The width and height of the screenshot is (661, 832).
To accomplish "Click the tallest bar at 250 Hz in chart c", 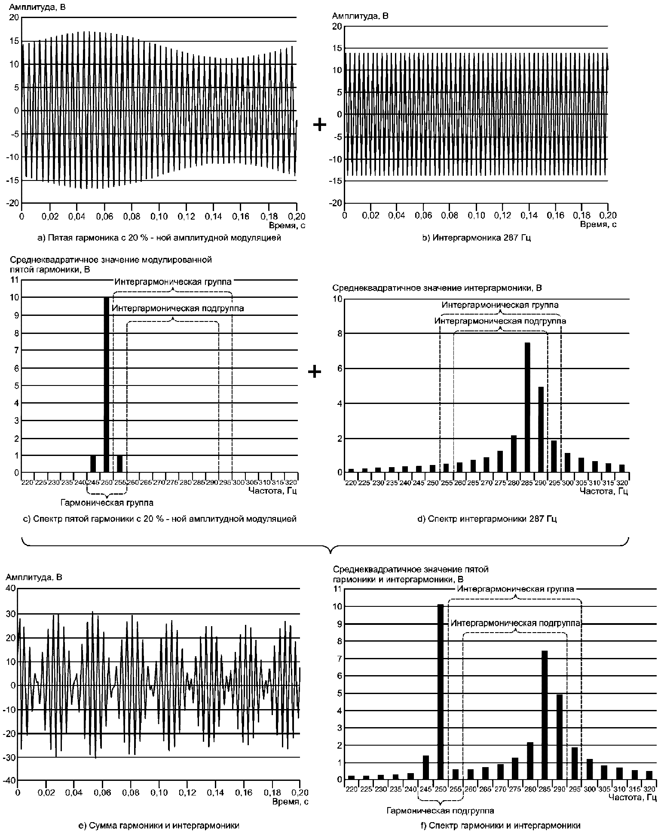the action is pyautogui.click(x=107, y=385).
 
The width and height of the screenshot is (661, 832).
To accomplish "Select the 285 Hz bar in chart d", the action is pyautogui.click(x=527, y=407).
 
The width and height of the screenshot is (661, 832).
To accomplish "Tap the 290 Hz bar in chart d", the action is pyautogui.click(x=541, y=430).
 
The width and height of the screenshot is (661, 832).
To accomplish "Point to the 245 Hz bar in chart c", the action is pyautogui.click(x=93, y=464).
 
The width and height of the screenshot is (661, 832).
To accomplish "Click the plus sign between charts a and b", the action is pyautogui.click(x=319, y=125).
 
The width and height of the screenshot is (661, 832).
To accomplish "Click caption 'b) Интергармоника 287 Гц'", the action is pyautogui.click(x=476, y=238).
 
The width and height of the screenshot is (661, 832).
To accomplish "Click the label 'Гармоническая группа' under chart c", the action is pyautogui.click(x=107, y=502).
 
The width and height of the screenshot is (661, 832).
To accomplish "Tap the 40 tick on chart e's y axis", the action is pyautogui.click(x=10, y=589).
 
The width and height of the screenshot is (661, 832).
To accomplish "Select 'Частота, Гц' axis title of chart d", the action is pyautogui.click(x=604, y=491).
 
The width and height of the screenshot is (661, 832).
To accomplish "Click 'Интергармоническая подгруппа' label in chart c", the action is pyautogui.click(x=177, y=309).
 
